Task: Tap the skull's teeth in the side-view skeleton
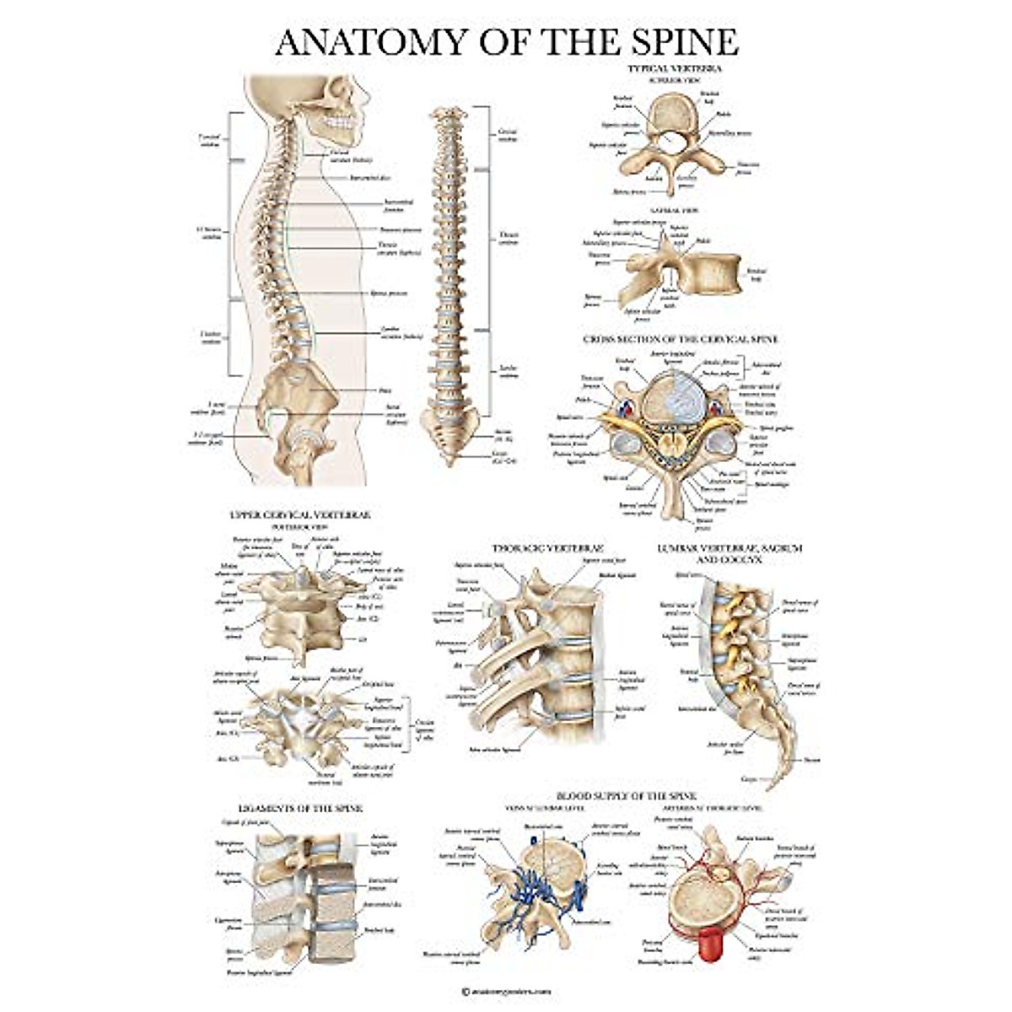(x=339, y=126)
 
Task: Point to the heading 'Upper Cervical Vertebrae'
(x=299, y=514)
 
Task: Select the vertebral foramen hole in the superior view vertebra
(x=672, y=138)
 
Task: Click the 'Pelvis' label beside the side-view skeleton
(x=385, y=390)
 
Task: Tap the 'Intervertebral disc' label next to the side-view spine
(x=369, y=178)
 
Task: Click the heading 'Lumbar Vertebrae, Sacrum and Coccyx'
(x=729, y=553)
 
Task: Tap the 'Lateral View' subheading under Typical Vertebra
(x=672, y=210)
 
